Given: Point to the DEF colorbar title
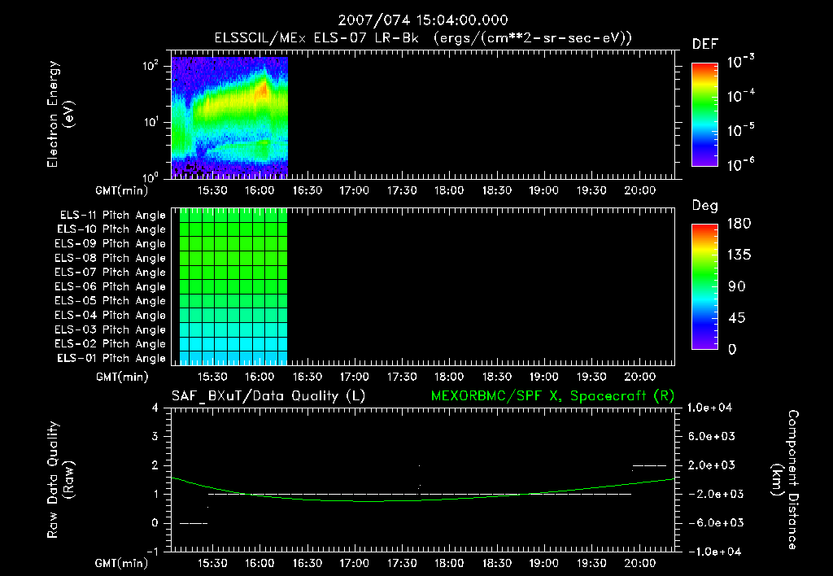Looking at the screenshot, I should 704,44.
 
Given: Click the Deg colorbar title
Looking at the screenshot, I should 704,206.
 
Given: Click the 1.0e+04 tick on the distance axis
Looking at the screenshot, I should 712,408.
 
